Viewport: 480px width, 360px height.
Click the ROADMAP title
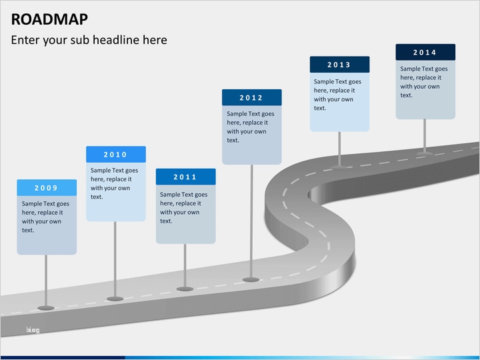point(49,18)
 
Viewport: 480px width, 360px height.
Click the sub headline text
point(89,40)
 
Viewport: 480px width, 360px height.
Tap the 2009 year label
point(46,188)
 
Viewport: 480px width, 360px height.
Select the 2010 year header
point(115,155)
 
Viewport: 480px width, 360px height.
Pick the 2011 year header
point(185,177)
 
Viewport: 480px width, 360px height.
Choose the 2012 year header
point(251,98)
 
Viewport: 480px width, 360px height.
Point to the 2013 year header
point(339,65)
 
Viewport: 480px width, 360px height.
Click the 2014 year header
point(425,53)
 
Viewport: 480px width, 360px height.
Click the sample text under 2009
point(45,217)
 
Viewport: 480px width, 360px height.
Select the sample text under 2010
point(115,183)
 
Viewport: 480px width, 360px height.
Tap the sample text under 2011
point(183,207)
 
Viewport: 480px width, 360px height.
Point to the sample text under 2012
point(251,127)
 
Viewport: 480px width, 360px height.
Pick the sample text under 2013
point(337,95)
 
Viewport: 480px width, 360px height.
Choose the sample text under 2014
point(424,81)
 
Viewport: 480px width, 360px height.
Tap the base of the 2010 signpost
point(115,298)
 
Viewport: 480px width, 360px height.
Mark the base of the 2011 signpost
point(185,288)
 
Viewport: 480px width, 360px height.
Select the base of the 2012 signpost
point(251,279)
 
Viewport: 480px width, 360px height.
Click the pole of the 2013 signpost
point(339,148)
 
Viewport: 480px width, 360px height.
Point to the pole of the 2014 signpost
point(425,135)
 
